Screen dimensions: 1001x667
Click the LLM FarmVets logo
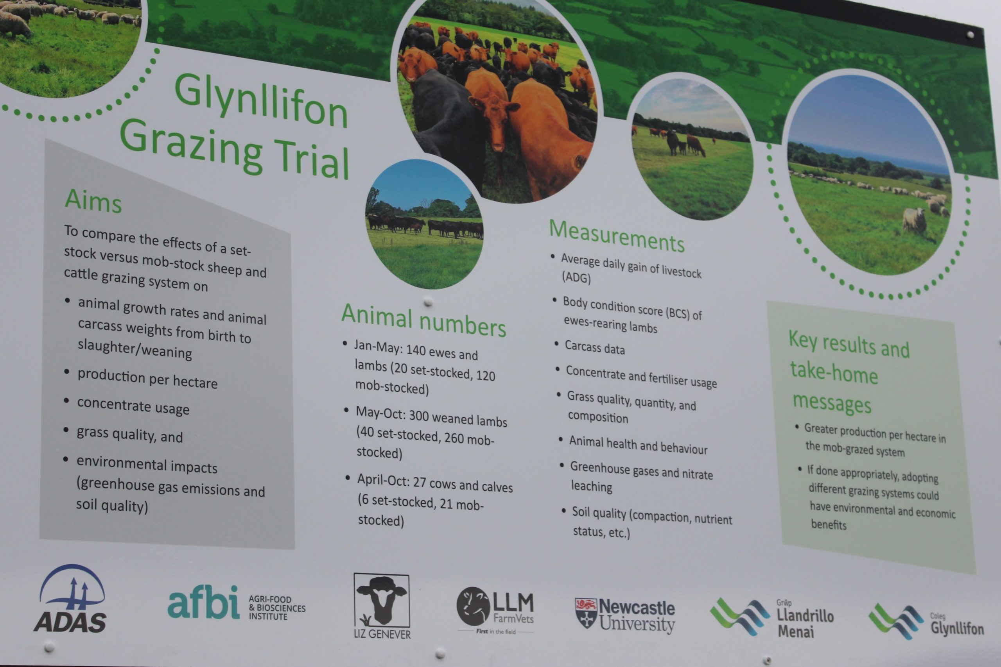(495, 609)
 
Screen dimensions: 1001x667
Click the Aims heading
(93, 201)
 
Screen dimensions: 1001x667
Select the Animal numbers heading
(423, 320)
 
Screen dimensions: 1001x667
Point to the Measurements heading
(617, 236)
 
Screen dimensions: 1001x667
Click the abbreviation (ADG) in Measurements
(576, 277)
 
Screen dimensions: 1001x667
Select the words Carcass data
(595, 347)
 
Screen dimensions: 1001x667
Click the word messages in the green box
(832, 403)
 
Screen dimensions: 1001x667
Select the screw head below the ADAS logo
(49, 647)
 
